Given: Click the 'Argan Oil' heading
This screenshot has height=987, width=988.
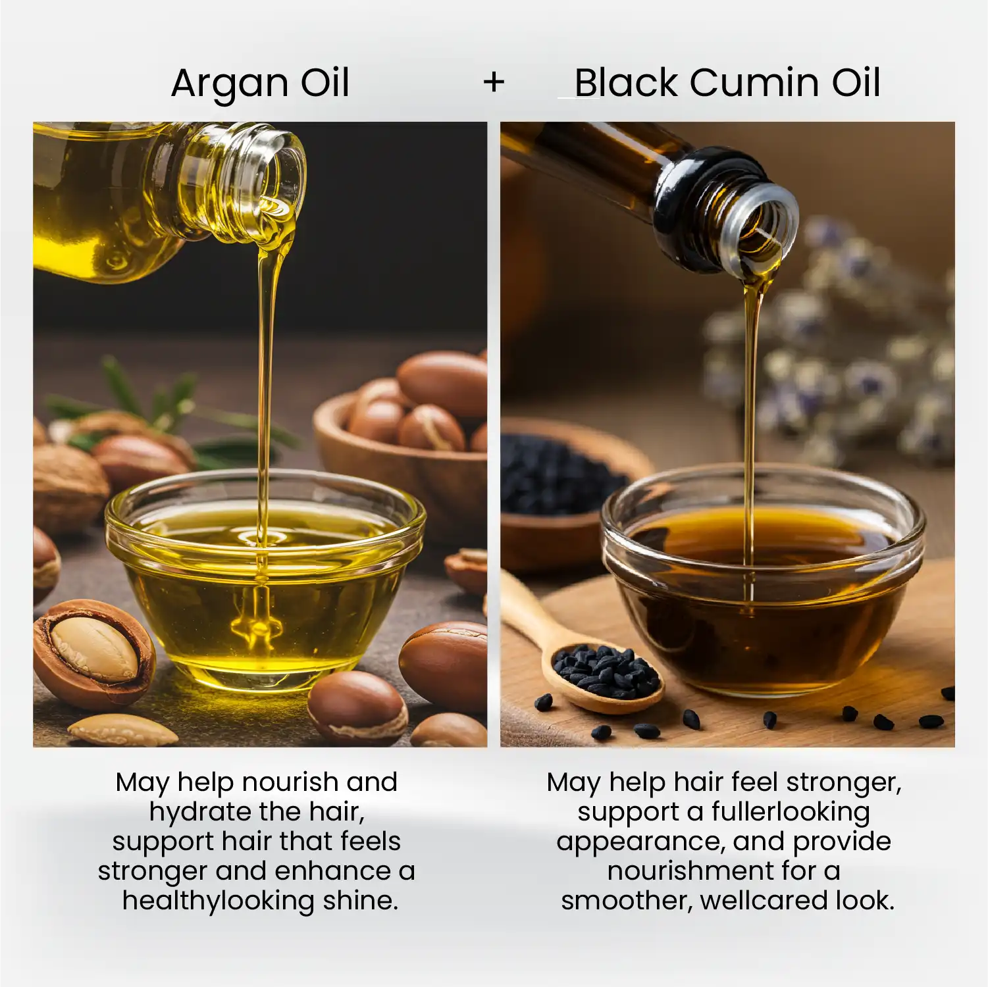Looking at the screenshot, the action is (260, 84).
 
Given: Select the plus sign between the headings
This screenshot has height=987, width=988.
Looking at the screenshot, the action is (494, 83).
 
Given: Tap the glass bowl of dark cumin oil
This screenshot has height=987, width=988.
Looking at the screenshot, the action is (764, 579).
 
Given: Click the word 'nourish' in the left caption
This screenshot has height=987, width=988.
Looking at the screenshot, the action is (290, 782).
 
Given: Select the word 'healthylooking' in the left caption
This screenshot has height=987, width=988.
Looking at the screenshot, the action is (219, 901).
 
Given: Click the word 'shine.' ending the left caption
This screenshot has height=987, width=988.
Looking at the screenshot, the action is (361, 901).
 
